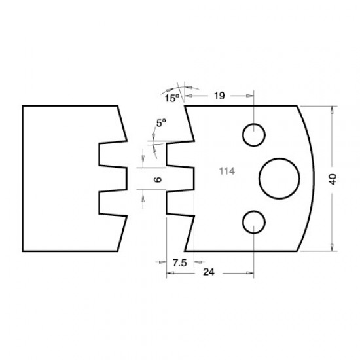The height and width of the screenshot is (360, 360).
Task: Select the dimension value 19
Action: click(219, 96)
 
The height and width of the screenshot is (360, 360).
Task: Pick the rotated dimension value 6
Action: click(157, 178)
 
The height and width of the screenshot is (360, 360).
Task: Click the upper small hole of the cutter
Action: click(253, 135)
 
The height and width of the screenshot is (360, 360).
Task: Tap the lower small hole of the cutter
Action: click(253, 222)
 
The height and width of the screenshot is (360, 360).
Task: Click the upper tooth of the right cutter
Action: click(180, 156)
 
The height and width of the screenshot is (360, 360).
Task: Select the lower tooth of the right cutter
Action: click(180, 202)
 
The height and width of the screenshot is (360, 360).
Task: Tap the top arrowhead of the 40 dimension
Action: click(332, 111)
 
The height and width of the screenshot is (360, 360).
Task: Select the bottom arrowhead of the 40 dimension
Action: click(332, 247)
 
